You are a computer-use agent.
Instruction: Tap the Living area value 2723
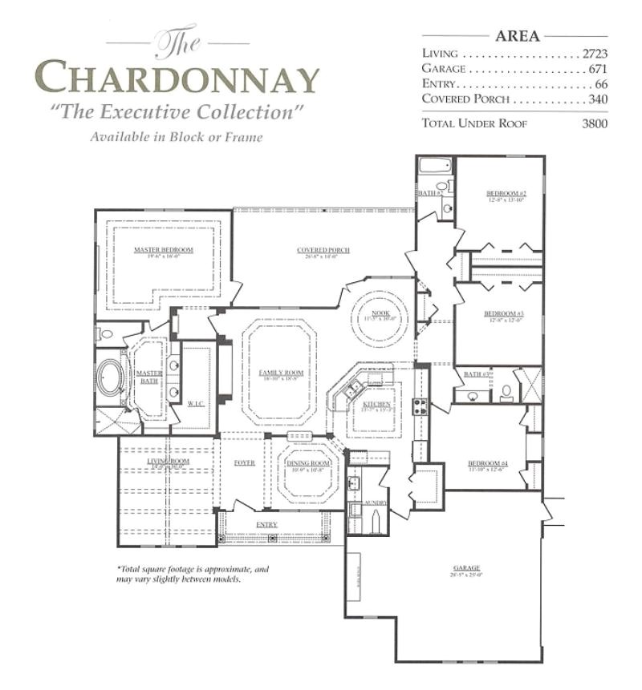point(595,54)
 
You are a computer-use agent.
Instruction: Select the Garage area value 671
point(599,69)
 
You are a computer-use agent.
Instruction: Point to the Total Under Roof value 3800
point(595,123)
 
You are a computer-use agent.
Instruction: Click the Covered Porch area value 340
point(598,99)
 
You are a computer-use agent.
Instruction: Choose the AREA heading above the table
point(518,35)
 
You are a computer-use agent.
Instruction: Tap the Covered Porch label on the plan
point(323,250)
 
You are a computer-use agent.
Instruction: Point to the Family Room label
point(281,373)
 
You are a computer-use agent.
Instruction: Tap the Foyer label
point(244,463)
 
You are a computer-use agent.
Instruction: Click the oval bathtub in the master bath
point(110,378)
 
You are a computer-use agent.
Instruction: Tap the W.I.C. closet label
point(196,403)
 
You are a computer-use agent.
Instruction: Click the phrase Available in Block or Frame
point(177,137)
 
